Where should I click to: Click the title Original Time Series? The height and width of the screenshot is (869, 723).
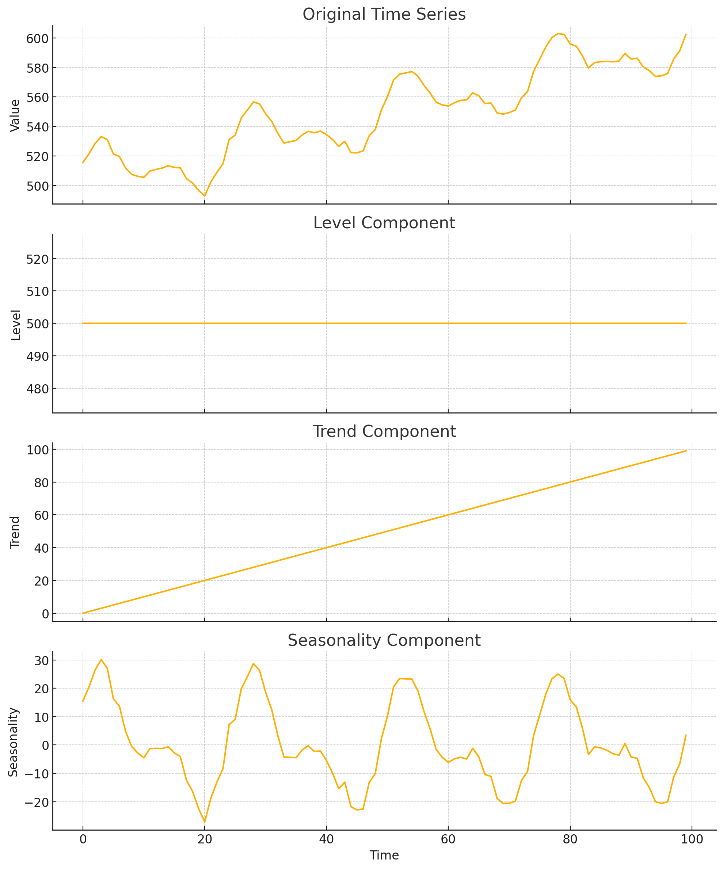(x=384, y=15)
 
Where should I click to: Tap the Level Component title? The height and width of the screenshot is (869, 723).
(x=384, y=223)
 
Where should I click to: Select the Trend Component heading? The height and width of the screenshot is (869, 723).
(x=384, y=432)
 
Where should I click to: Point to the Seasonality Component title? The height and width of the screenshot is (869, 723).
(x=384, y=641)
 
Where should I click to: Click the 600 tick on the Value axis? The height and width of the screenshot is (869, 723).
(x=38, y=38)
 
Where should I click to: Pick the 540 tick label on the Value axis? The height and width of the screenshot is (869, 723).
(x=38, y=127)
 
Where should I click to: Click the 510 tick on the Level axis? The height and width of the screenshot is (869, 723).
(x=38, y=291)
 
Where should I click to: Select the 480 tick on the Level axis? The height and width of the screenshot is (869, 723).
(x=38, y=389)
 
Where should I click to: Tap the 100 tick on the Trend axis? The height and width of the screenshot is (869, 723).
(x=38, y=450)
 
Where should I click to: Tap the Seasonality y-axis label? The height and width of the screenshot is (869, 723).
(x=14, y=742)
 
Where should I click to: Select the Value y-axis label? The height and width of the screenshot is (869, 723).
(x=15, y=115)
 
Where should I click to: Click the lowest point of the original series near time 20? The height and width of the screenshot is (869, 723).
(x=205, y=196)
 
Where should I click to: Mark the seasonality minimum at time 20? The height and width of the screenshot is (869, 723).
(x=205, y=822)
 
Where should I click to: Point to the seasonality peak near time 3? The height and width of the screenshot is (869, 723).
(x=101, y=660)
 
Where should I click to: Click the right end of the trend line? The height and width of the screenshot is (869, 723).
(x=686, y=451)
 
